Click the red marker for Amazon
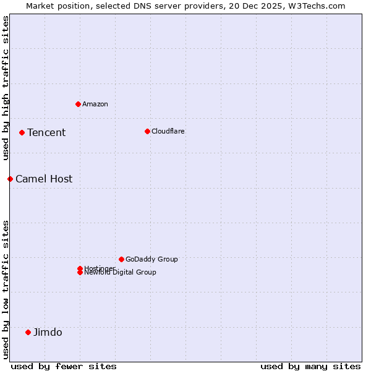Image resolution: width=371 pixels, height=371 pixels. coord(78,104)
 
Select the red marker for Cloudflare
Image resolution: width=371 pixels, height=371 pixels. coord(147,131)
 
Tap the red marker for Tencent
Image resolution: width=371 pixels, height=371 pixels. coord(22,132)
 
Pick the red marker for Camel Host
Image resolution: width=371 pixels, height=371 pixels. coord(10,179)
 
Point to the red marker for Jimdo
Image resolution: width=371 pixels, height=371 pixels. coord(28,332)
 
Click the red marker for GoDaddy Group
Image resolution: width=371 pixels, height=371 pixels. coord(121,259)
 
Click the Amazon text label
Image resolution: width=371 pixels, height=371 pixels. coord(95,104)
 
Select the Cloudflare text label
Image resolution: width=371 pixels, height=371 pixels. coord(168,131)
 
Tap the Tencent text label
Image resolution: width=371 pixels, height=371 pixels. coord(46,132)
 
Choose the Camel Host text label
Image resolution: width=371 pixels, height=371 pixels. coord(44,179)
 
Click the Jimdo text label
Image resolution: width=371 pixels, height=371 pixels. coord(48,332)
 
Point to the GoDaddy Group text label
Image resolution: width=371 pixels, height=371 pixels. coord(151,259)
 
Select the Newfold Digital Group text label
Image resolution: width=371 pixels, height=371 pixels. coord(121,273)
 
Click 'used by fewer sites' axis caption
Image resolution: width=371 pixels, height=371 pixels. coord(64,366)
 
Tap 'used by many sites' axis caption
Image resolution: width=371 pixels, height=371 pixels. coord(310,366)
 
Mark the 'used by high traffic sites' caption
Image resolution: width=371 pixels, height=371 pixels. coord(6,88)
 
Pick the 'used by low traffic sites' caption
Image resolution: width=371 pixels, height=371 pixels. coord(6,289)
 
